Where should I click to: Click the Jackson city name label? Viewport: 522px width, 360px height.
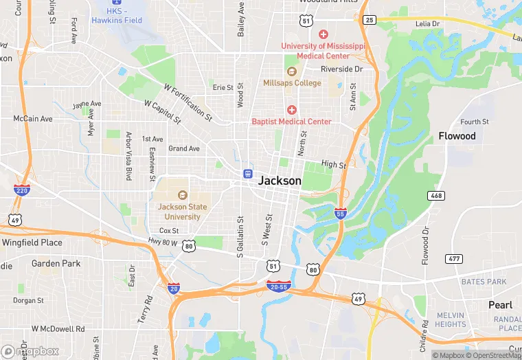tap(280, 181)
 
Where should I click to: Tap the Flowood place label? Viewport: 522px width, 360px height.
tap(457, 136)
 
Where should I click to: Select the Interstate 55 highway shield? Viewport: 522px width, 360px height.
tap(341, 213)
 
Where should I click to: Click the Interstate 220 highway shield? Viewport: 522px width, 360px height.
tap(22, 189)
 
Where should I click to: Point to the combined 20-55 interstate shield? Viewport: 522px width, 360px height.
tap(278, 284)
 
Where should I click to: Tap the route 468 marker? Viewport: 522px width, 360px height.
tap(435, 196)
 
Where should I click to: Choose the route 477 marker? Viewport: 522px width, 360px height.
tap(453, 258)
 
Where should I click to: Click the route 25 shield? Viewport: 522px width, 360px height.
tap(370, 20)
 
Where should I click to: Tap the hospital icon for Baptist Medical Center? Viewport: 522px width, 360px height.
tap(291, 110)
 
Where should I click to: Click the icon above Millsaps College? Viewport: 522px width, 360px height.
tap(291, 71)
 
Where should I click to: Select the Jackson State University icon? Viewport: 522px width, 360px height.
tap(183, 194)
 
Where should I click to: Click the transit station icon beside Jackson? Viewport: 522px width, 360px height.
tap(246, 174)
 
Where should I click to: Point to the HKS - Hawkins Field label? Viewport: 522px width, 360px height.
tap(117, 16)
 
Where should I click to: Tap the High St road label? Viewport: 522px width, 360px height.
tap(333, 165)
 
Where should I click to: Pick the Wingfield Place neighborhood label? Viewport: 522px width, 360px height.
tap(32, 243)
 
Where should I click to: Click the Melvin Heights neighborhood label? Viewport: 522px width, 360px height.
tap(451, 319)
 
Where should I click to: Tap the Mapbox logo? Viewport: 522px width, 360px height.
tap(30, 351)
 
